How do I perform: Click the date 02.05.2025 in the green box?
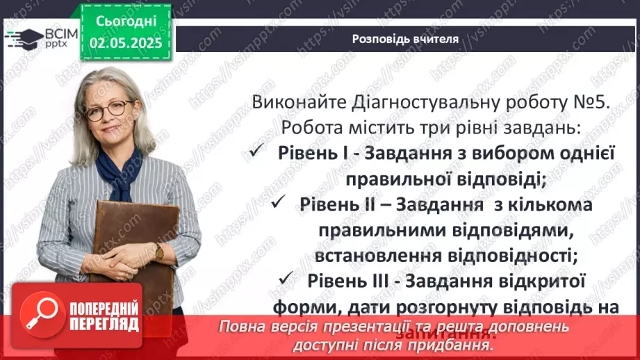tap(125, 42)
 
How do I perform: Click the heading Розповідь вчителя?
tap(405, 39)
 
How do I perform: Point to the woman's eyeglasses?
tap(109, 107)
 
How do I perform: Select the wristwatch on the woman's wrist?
tap(159, 252)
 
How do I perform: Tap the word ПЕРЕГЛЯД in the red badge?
tap(104, 324)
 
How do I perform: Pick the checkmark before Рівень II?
tap(279, 204)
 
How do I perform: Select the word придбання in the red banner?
tap(452, 344)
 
